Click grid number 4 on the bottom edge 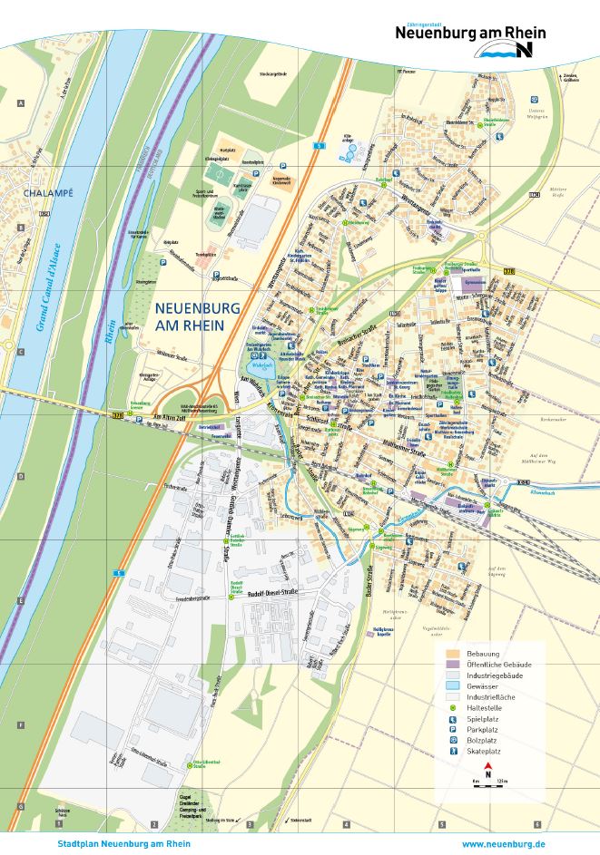coord(346,825)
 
